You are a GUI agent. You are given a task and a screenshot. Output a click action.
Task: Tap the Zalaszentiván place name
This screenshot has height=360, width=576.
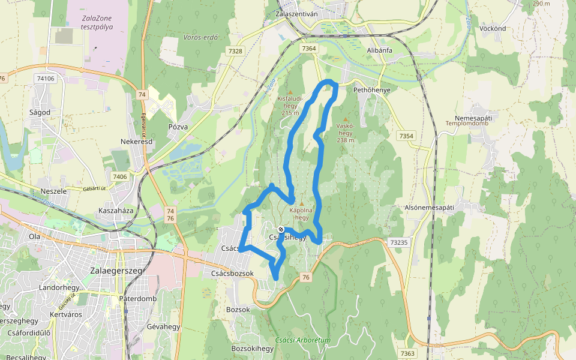299,13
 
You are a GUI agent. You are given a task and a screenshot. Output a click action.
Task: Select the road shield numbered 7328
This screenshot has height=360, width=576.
235,52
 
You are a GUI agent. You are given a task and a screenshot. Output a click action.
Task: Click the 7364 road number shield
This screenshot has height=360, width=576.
309,48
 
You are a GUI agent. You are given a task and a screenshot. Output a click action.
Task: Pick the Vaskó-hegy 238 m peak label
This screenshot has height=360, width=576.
345,133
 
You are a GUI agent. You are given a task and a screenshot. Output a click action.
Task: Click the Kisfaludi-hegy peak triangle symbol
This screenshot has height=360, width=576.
290,92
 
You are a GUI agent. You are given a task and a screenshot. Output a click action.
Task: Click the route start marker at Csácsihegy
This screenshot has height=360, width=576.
281,229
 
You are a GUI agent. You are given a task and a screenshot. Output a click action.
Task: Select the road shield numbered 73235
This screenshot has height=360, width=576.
398,242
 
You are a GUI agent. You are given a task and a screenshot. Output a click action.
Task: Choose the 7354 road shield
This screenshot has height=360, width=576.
406,136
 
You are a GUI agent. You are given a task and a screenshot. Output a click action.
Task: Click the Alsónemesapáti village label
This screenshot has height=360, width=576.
429,207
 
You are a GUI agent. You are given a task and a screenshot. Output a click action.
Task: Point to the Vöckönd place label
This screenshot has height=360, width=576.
493,28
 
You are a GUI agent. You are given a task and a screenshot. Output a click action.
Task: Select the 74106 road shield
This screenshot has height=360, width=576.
45,79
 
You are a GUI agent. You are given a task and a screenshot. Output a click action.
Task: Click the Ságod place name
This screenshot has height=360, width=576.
40,112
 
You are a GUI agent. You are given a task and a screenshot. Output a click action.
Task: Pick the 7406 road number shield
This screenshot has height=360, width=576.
119,176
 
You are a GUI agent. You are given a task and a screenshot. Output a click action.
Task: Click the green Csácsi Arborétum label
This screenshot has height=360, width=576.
303,340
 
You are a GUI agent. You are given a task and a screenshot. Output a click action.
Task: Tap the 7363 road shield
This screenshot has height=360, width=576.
407,353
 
